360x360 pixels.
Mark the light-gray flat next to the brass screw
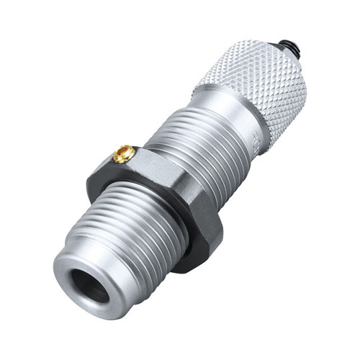pyautogui.click(x=155, y=169)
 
